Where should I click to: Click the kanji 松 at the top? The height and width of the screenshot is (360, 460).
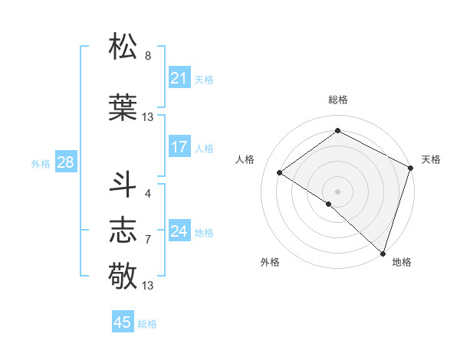click(124, 46)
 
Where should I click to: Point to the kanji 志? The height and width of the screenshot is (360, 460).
click(124, 230)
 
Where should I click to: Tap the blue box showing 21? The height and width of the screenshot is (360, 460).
click(179, 78)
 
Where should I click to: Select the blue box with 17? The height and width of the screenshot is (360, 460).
click(179, 147)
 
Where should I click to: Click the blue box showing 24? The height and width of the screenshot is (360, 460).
click(179, 231)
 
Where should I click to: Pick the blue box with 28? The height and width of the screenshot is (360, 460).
click(65, 162)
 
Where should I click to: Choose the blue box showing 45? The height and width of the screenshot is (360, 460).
click(123, 322)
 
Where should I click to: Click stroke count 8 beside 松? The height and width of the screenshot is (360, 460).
click(148, 56)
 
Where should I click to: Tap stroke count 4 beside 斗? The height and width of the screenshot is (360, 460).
click(148, 194)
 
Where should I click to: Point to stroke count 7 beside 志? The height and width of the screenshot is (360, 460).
click(148, 240)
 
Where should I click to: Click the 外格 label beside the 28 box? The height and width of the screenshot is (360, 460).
click(40, 163)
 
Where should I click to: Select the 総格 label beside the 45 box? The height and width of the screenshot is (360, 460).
click(147, 324)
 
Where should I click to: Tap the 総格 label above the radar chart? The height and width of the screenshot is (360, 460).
click(337, 100)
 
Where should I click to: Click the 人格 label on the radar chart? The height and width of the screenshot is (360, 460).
click(245, 159)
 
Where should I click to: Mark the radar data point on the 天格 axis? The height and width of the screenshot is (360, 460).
click(411, 168)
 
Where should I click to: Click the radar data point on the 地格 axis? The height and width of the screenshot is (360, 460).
click(382, 253)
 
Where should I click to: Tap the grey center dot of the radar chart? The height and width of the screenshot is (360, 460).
click(337, 191)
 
